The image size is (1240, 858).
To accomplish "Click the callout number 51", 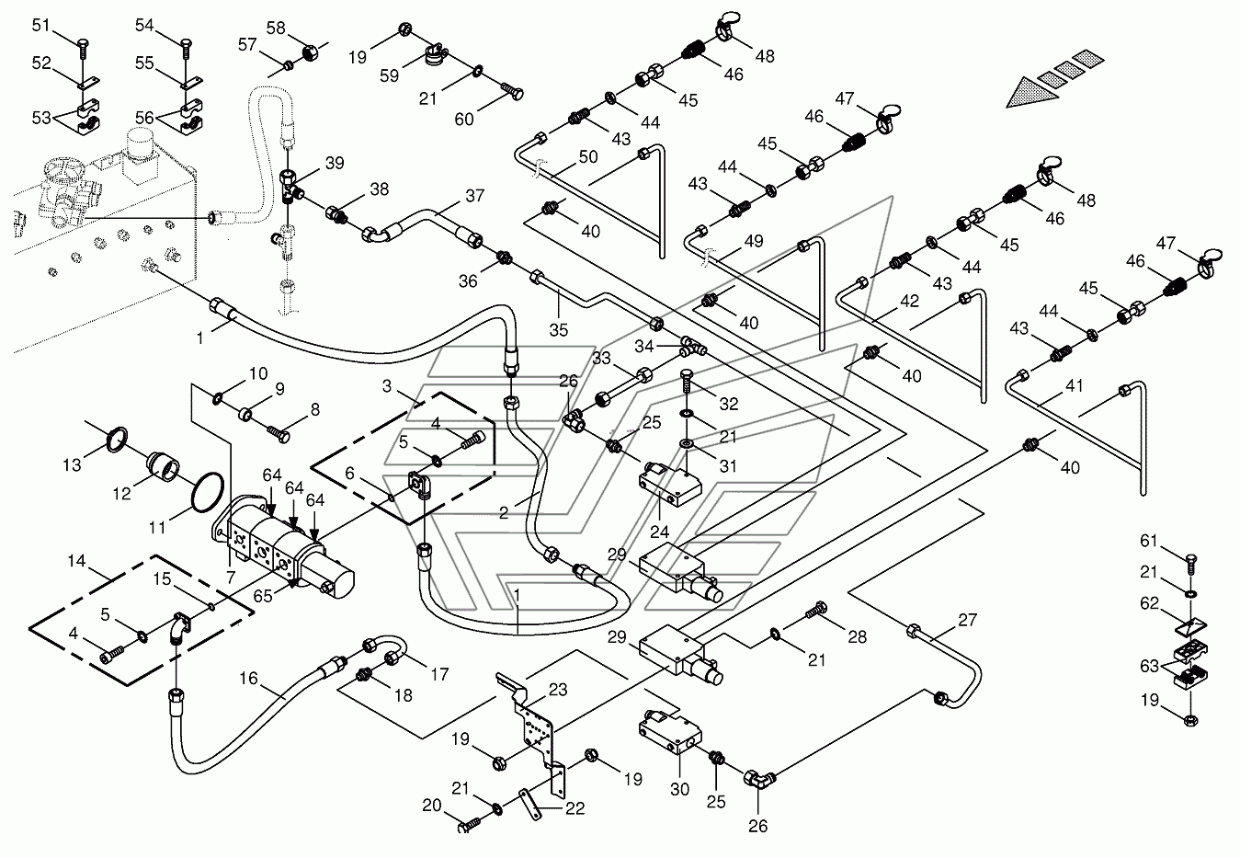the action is coord(41,26).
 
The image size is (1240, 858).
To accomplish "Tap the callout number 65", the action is coord(263,595).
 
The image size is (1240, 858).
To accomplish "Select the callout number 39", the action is coord(335,163).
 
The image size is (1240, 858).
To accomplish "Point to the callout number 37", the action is coord(474,196).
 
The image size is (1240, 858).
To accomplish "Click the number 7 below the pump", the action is coord(231,578).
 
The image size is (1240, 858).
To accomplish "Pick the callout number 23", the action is coord(558,690).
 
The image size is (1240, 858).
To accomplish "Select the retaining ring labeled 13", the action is coord(116,440).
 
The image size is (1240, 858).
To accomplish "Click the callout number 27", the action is coord(967,620).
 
